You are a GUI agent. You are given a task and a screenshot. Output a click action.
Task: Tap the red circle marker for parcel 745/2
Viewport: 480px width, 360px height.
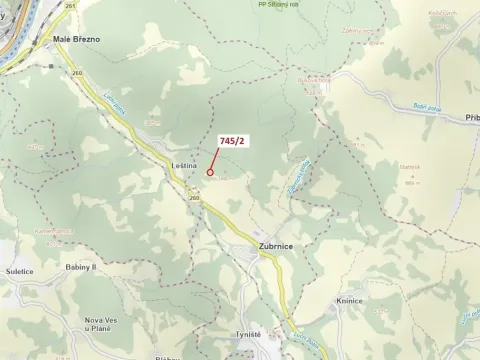(x=210, y=172)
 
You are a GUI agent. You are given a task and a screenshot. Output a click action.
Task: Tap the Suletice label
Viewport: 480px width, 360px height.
(x=21, y=270)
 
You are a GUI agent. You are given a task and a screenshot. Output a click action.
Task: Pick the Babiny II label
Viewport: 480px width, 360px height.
(x=80, y=268)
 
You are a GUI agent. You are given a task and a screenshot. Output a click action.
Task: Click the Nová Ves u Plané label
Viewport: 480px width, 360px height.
(x=97, y=324)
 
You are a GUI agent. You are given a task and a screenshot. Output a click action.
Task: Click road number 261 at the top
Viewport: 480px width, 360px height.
(x=68, y=6)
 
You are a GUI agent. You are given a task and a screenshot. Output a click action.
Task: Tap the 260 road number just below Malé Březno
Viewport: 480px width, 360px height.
(x=77, y=72)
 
